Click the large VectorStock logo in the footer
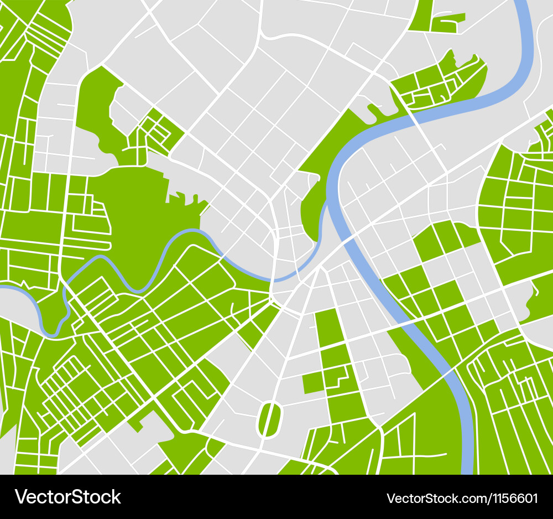[68, 497]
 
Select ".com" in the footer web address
[471, 498]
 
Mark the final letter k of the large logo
[116, 497]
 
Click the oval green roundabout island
[269, 419]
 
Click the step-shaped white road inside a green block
[336, 377]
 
